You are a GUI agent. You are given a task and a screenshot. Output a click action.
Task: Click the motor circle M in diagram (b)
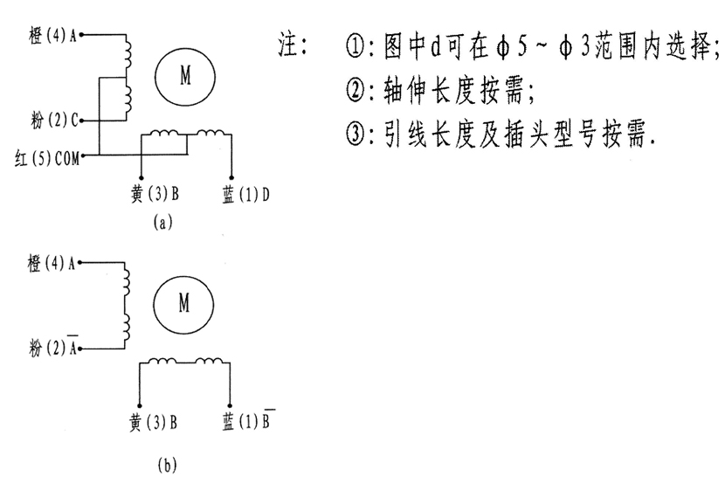tap(184, 303)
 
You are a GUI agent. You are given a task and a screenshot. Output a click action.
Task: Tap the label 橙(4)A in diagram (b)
tap(54, 262)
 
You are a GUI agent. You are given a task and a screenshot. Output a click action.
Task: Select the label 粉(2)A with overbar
tap(53, 349)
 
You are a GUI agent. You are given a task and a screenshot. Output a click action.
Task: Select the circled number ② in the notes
tap(354, 92)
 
